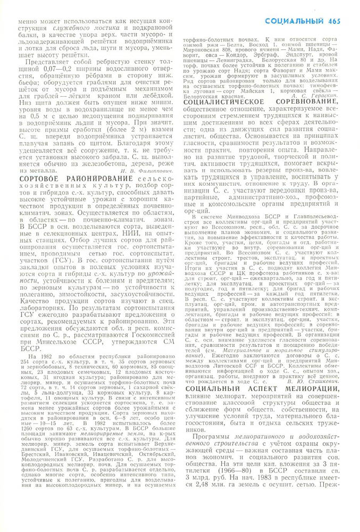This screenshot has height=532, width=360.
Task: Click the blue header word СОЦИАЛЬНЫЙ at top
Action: click(x=294, y=21)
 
